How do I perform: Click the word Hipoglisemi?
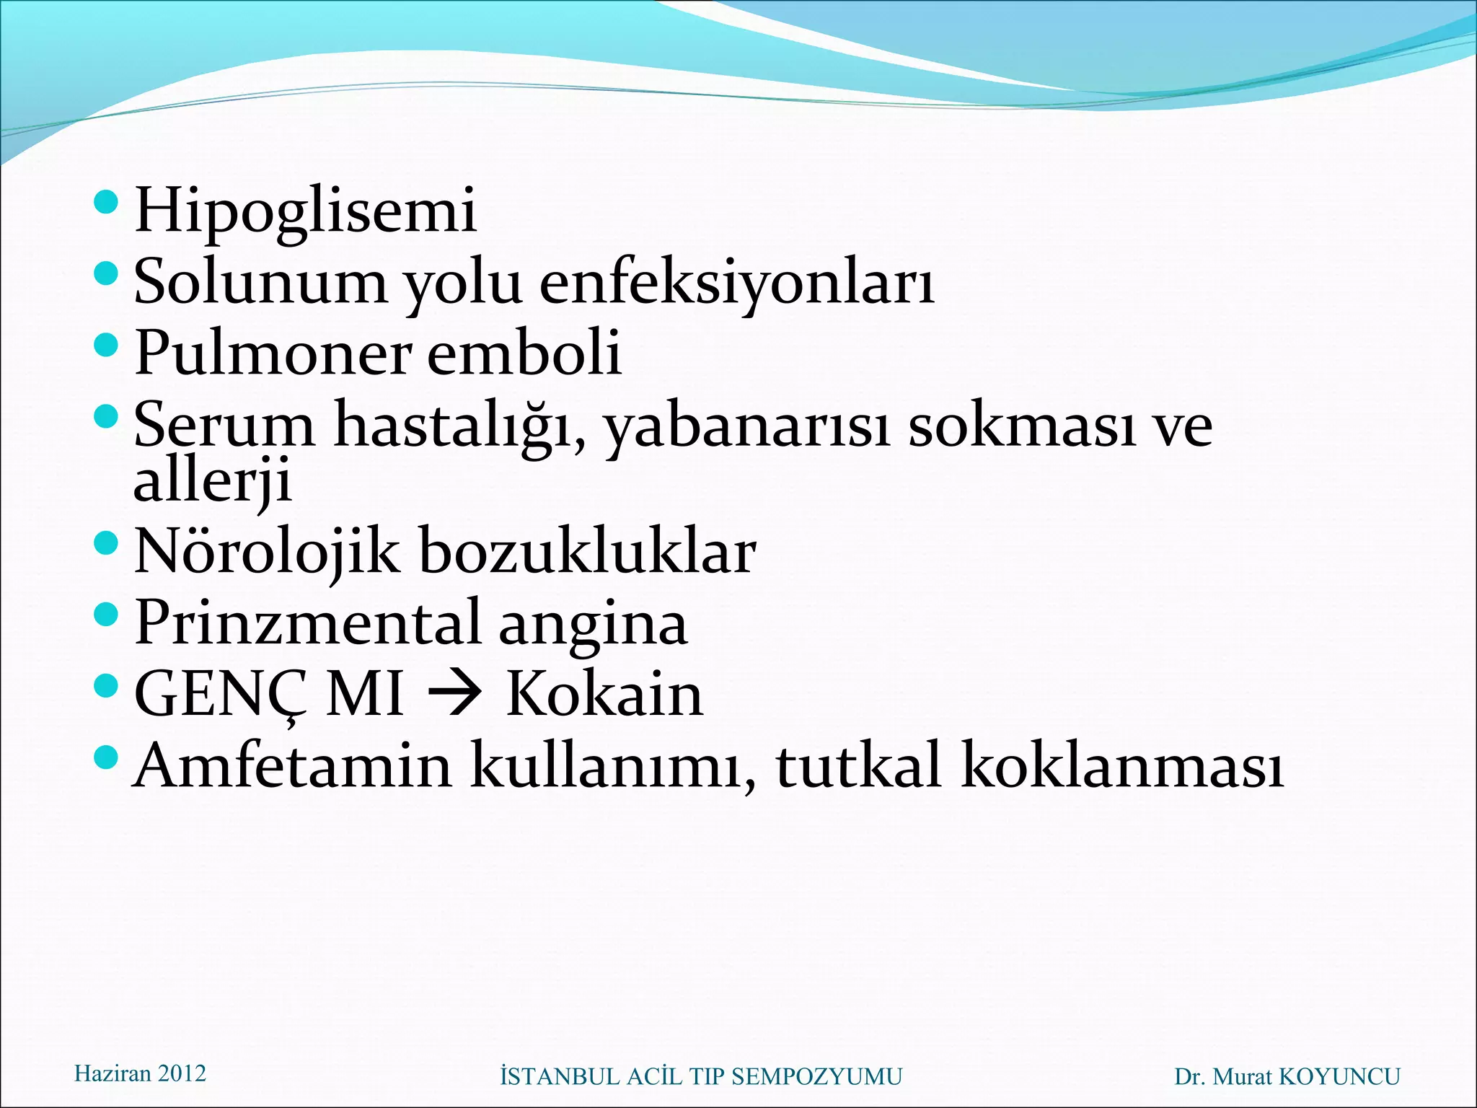[305, 211]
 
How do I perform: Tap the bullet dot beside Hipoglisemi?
[105, 202]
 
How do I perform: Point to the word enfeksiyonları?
[737, 282]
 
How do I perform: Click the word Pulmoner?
[273, 353]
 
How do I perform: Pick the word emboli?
[524, 353]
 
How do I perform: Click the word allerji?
[212, 480]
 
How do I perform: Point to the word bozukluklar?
[588, 552]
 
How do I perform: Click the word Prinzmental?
[307, 623]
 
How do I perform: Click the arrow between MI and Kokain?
[454, 695]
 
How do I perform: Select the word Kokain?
[604, 695]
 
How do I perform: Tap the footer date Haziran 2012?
[140, 1073]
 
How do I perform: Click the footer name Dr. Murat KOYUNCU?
[1287, 1077]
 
